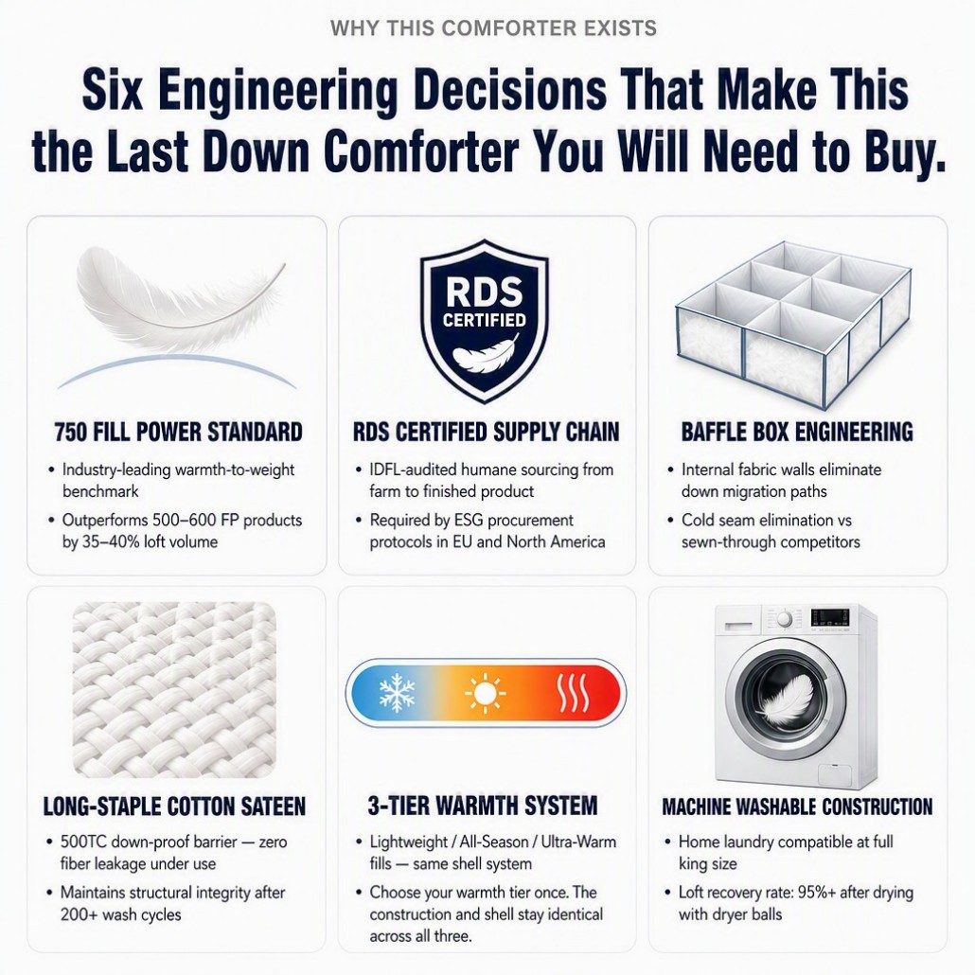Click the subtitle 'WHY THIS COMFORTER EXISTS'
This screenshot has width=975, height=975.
pyautogui.click(x=493, y=28)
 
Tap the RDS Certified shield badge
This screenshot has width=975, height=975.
pyautogui.click(x=485, y=320)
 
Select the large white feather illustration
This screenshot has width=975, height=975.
pyautogui.click(x=179, y=298)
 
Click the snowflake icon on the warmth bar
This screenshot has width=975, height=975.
pyautogui.click(x=397, y=693)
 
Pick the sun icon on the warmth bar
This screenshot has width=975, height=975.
pyautogui.click(x=485, y=693)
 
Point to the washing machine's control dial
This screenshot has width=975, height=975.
pyautogui.click(x=785, y=619)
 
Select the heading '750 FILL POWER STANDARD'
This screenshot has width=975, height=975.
pyautogui.click(x=178, y=432)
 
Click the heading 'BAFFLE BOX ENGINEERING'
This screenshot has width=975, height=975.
pyautogui.click(x=797, y=432)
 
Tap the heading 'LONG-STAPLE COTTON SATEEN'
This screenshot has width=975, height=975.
pyautogui.click(x=175, y=807)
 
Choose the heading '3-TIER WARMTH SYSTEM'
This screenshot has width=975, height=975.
pyautogui.click(x=483, y=806)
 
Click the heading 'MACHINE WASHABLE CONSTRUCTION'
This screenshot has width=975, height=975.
pyautogui.click(x=797, y=807)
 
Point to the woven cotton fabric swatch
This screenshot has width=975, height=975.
pyautogui.click(x=174, y=689)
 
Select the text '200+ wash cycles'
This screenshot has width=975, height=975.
pyautogui.click(x=120, y=914)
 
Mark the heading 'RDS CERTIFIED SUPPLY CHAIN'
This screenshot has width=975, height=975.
pyautogui.click(x=487, y=432)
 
